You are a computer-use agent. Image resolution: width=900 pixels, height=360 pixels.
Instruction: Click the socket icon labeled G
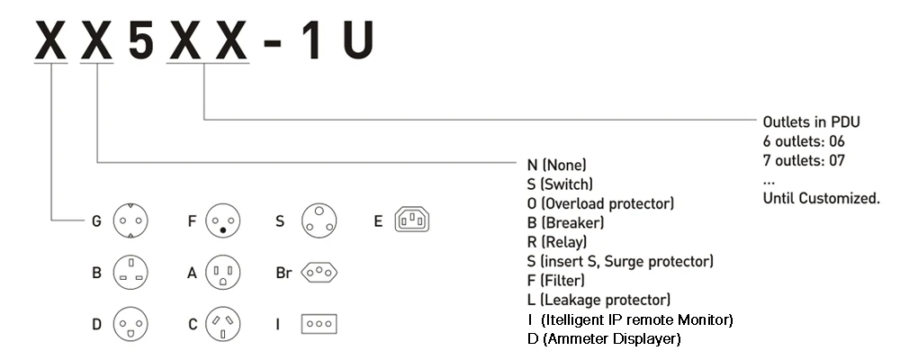point(129,220)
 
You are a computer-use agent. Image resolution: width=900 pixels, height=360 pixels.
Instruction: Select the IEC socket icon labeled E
point(412,220)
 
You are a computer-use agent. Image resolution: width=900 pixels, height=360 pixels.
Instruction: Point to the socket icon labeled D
point(129,323)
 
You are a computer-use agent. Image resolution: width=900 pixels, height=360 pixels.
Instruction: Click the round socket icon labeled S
point(317,220)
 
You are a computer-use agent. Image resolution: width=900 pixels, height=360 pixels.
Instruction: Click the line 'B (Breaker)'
point(565,222)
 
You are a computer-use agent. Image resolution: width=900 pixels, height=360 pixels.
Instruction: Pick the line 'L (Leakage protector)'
point(598,300)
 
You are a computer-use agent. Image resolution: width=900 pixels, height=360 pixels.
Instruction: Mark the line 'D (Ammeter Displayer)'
point(604,338)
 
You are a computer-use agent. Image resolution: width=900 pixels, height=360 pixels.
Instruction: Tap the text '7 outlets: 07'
point(804,160)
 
